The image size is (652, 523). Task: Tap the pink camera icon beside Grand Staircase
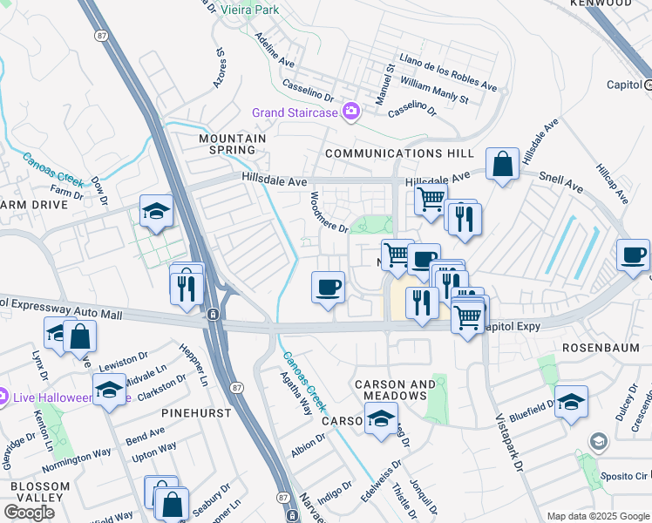click(351, 111)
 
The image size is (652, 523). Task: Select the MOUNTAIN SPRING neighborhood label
click(232, 145)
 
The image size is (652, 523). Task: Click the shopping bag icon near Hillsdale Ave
click(503, 164)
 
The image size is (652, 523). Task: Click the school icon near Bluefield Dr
click(571, 401)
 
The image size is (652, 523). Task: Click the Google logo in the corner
click(29, 513)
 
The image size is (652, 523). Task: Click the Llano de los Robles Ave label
click(448, 72)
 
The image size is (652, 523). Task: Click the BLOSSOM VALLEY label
click(35, 492)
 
